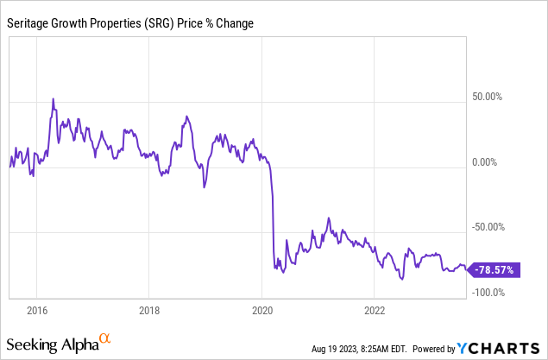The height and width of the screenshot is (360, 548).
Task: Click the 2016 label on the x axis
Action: [37, 310]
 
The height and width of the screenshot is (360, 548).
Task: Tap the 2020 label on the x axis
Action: [262, 310]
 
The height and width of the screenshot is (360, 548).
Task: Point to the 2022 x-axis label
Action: [375, 310]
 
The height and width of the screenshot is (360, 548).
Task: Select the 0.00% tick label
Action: [498, 162]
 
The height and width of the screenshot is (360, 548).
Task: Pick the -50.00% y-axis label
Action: [494, 227]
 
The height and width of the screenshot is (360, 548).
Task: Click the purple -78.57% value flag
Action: [494, 270]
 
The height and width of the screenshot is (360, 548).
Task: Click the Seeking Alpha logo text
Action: [51, 345]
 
